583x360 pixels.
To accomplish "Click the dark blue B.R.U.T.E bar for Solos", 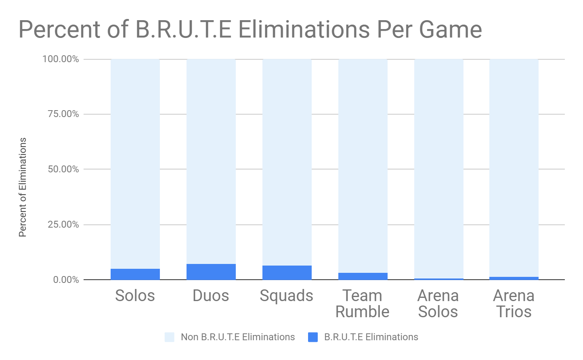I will click(135, 274).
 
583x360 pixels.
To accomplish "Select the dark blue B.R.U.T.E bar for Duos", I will click(211, 272).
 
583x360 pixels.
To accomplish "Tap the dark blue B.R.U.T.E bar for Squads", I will click(287, 272).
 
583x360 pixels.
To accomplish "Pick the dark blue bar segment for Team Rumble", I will click(363, 276).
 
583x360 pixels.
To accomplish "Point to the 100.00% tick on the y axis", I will click(61, 59).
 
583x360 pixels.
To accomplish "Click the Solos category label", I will click(135, 296).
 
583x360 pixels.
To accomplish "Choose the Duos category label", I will click(211, 296).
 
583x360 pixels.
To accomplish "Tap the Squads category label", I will click(286, 296).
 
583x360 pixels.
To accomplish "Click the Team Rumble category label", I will click(362, 304).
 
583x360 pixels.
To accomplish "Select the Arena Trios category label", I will click(514, 304).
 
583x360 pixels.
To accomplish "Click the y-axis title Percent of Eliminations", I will click(23, 187).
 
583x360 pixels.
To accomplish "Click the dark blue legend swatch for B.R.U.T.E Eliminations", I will click(313, 337).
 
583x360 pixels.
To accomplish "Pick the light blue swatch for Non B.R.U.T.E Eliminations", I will click(170, 337).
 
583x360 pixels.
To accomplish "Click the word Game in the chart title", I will click(450, 30).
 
